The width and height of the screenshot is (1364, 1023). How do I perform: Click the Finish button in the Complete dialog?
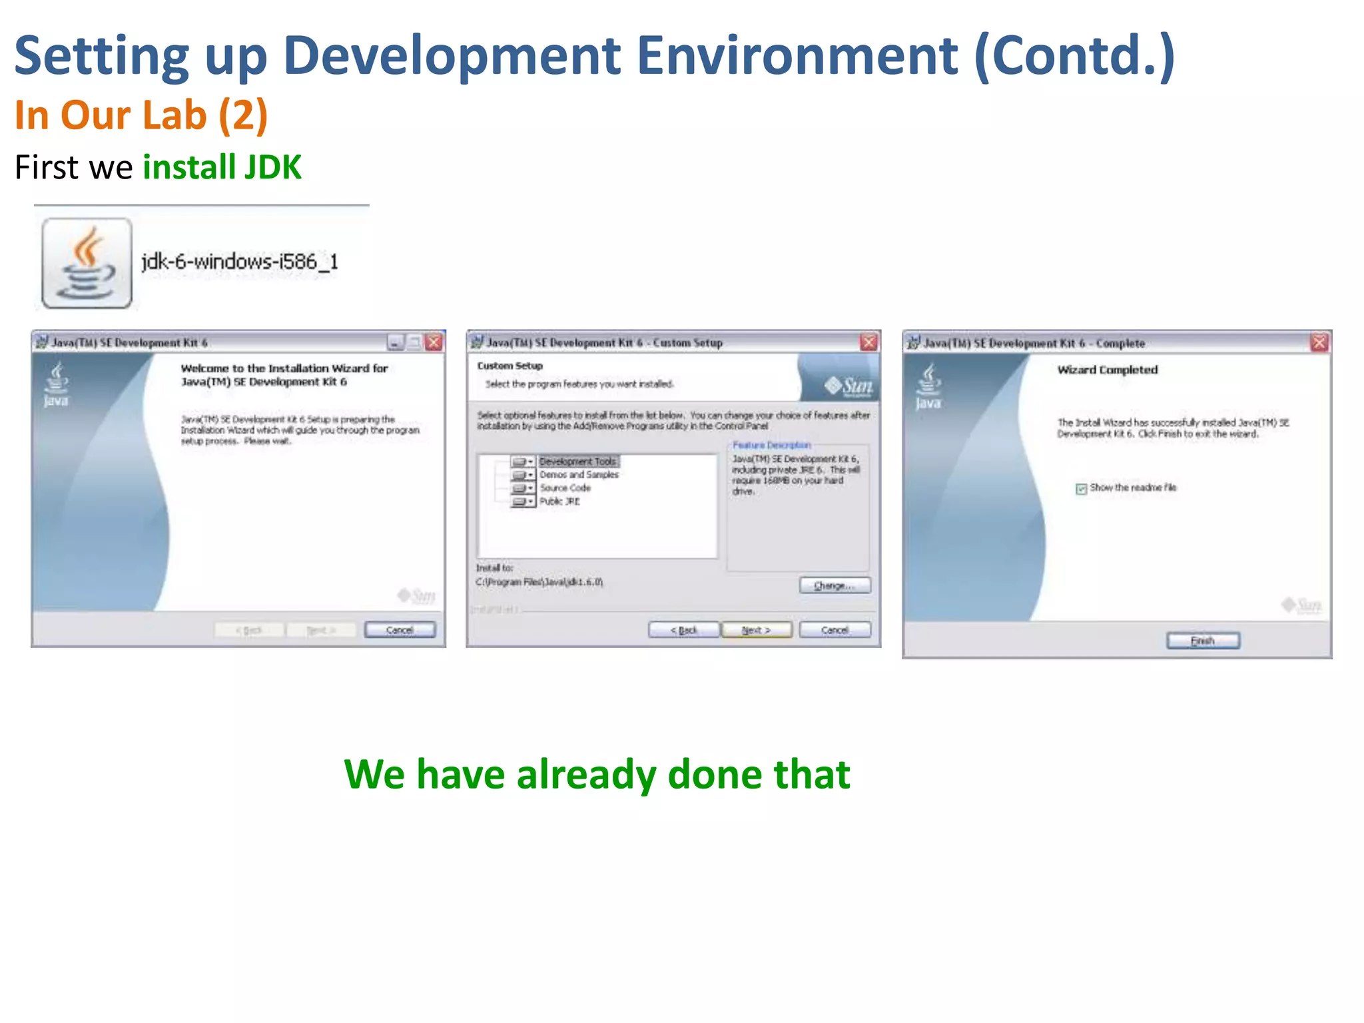click(1203, 641)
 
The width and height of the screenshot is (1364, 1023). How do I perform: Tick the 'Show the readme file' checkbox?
click(1082, 489)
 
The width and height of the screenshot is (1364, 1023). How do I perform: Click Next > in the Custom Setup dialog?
click(757, 630)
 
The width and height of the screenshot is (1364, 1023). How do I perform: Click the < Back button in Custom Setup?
click(684, 630)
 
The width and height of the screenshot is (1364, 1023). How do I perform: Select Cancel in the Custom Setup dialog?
click(835, 630)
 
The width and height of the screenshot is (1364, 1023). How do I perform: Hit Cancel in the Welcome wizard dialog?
click(400, 630)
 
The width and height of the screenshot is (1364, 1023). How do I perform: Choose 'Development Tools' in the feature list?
click(577, 462)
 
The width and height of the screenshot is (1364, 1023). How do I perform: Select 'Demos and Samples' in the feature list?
click(579, 475)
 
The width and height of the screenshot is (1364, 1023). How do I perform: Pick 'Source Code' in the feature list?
click(565, 488)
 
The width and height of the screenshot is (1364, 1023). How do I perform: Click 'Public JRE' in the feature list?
click(559, 502)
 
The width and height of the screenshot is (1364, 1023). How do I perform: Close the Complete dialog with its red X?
click(1319, 343)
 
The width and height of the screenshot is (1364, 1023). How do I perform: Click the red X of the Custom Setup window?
click(868, 342)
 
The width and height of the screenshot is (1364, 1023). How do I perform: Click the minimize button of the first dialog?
click(396, 343)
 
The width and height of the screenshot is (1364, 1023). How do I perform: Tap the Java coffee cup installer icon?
click(87, 264)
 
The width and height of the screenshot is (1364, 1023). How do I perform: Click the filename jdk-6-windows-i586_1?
click(240, 262)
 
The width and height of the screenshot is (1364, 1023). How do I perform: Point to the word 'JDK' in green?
click(273, 167)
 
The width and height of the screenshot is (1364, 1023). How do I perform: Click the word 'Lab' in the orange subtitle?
click(174, 115)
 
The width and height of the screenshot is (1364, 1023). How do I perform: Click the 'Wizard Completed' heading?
click(1107, 370)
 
